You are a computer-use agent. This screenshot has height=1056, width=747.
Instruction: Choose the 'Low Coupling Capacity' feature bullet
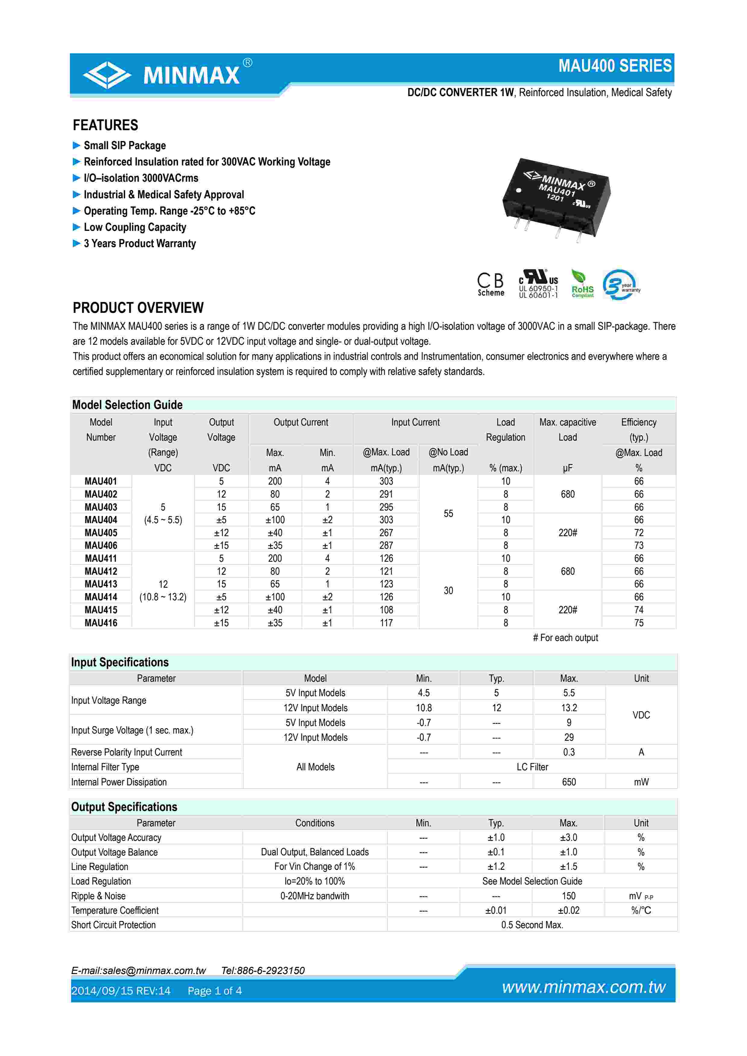pos(135,227)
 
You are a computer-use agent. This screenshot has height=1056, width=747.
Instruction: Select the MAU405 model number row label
pos(101,533)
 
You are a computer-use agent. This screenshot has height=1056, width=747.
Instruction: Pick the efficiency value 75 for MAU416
pos(639,623)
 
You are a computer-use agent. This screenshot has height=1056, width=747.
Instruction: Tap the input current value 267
pos(386,533)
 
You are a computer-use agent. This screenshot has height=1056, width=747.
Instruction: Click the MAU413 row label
pos(101,584)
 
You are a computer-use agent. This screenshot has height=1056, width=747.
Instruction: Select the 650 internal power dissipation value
pos(569,782)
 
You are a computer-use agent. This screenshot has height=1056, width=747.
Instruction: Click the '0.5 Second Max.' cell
pos(532,925)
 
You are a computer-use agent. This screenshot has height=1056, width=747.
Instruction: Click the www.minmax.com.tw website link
pos(584,987)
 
